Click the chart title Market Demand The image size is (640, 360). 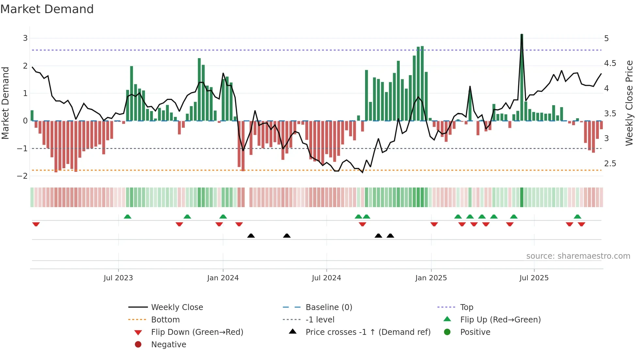(47, 9)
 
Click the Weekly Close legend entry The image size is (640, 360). (177, 307)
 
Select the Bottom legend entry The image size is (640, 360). (165, 319)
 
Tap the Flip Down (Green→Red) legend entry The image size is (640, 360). (197, 332)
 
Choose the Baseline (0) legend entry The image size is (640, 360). (328, 307)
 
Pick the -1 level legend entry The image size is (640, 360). (320, 319)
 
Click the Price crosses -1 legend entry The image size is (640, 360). (368, 332)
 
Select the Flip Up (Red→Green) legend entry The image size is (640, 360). (500, 319)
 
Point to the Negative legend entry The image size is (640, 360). (168, 344)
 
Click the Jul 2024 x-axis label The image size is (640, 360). (326, 278)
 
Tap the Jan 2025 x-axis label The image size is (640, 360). (431, 278)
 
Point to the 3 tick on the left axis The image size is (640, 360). (25, 38)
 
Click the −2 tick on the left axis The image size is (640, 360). (23, 176)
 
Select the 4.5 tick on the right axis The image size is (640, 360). (610, 63)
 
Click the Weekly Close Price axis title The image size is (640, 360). (629, 103)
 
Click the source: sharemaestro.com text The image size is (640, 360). (578, 256)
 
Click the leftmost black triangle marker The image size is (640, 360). (251, 236)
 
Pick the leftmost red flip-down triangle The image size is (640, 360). (36, 224)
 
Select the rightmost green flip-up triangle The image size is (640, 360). (577, 217)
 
